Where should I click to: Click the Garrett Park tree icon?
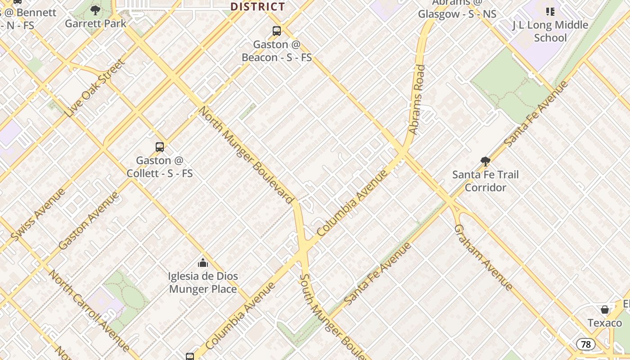(95, 10)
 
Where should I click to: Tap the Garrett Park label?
(95, 23)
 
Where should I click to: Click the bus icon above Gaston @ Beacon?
(277, 31)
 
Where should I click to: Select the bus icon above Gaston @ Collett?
(160, 147)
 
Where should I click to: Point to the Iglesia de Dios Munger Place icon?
(203, 262)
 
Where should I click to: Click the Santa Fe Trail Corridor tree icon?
(485, 161)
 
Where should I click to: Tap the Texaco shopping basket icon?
(605, 310)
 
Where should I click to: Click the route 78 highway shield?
(585, 344)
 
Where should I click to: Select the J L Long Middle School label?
(550, 31)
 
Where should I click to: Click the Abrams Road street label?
(417, 99)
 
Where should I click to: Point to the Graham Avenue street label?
(483, 257)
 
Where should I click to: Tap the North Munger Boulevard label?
(246, 153)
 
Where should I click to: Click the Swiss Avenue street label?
(38, 214)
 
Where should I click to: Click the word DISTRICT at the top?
(258, 7)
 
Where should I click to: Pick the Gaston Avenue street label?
(89, 220)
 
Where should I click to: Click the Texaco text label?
(605, 323)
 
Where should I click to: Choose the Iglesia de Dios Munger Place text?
(203, 283)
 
